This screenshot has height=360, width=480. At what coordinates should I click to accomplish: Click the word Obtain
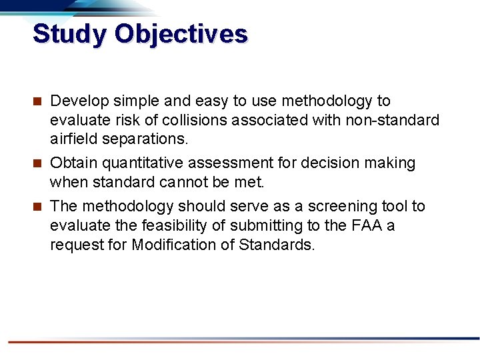[x=72, y=163]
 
